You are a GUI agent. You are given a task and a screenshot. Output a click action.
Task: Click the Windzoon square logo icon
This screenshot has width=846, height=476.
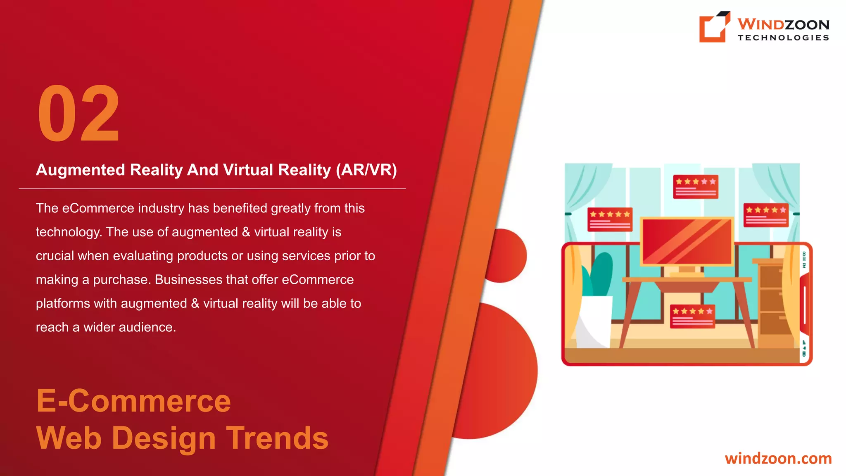713,27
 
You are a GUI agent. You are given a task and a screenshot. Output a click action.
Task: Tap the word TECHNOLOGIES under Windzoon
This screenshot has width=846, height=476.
783,38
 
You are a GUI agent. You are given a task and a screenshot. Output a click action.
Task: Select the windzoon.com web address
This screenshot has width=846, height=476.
778,459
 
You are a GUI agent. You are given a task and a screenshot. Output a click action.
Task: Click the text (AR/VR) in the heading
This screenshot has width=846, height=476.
366,170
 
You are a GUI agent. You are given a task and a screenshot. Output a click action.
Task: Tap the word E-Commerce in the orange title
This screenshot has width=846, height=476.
133,401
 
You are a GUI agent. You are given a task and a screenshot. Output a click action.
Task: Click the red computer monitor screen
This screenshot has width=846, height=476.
687,241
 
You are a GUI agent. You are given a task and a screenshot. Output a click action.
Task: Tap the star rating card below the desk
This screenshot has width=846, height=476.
693,317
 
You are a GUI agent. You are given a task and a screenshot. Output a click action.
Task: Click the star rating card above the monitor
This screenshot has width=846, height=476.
696,187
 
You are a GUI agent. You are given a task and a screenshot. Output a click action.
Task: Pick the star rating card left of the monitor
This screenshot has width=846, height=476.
610,219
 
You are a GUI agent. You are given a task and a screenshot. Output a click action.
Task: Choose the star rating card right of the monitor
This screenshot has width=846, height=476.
766,215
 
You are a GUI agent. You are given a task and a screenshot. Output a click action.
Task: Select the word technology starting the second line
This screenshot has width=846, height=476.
69,232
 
